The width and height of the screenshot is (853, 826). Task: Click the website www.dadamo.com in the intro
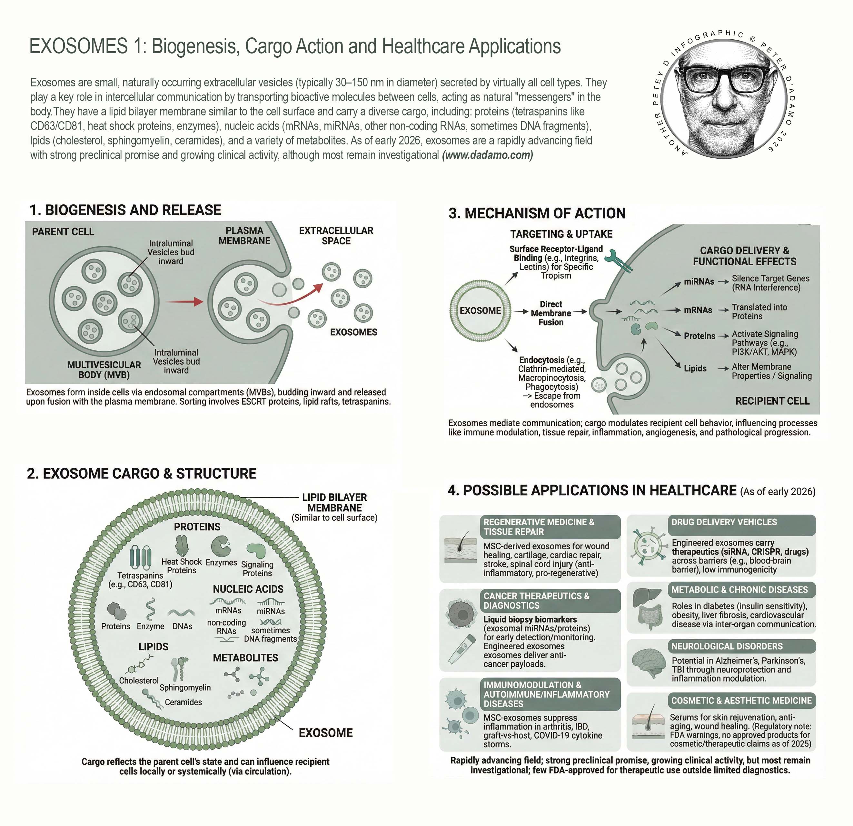tap(487, 155)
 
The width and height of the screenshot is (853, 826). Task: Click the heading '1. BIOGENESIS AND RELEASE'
tap(125, 210)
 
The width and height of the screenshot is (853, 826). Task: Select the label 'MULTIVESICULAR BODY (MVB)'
tap(104, 369)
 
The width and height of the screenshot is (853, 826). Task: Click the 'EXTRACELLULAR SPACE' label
tap(336, 235)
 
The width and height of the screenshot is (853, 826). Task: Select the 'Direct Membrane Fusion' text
tap(550, 313)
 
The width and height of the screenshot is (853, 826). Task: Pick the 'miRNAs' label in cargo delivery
tap(699, 281)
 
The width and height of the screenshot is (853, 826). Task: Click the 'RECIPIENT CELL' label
tap(772, 401)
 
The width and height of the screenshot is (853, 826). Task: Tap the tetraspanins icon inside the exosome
tap(141, 558)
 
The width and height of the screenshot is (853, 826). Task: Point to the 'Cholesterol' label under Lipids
tap(139, 680)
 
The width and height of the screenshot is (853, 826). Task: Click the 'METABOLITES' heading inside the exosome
tap(245, 658)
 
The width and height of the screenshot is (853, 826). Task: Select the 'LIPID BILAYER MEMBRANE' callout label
tap(334, 502)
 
